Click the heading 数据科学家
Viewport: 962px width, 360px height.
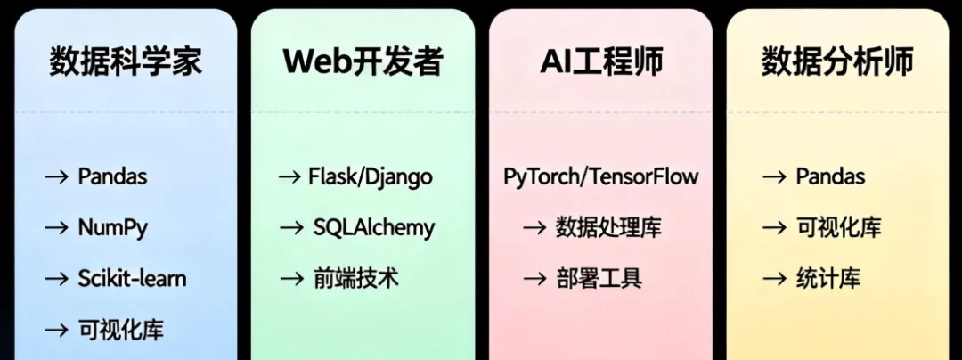click(126, 61)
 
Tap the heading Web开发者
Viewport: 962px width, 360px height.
click(363, 61)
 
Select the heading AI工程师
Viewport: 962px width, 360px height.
click(601, 61)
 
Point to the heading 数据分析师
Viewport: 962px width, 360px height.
click(837, 61)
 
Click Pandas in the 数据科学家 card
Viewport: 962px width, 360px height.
click(112, 176)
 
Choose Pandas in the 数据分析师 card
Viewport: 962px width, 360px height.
click(830, 176)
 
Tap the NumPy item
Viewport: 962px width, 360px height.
click(112, 227)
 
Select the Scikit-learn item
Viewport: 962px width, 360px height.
click(132, 278)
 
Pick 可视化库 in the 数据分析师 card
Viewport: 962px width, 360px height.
click(838, 227)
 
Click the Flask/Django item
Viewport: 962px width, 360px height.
click(370, 176)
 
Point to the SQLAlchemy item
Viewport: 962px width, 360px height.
click(373, 227)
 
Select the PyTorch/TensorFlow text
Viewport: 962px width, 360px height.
click(601, 176)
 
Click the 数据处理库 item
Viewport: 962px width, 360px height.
click(608, 227)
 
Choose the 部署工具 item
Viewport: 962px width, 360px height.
click(599, 278)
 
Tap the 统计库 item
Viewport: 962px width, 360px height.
click(827, 278)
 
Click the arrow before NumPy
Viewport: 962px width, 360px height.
click(57, 228)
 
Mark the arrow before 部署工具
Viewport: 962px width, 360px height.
click(534, 279)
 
